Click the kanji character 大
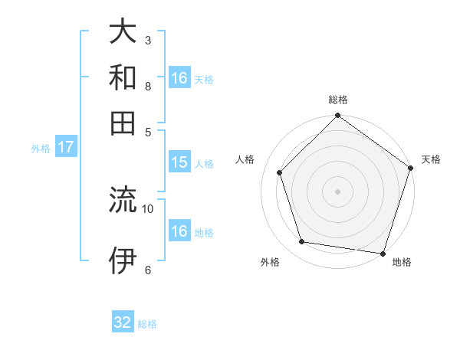[123, 32]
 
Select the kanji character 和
[123, 78]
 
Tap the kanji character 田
[123, 123]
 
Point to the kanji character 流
[123, 200]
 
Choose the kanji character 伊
[123, 260]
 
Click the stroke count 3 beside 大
[147, 40]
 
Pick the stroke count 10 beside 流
[148, 208]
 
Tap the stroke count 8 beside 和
[147, 86]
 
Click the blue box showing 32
[123, 322]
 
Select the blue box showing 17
[65, 147]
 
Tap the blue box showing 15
[179, 162]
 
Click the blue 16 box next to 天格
[179, 78]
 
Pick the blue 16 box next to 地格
[179, 231]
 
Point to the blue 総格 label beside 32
[147, 324]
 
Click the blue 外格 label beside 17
[40, 149]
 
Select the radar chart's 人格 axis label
[245, 159]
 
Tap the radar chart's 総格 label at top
[338, 100]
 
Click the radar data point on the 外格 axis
[302, 242]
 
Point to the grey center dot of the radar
[338, 191]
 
